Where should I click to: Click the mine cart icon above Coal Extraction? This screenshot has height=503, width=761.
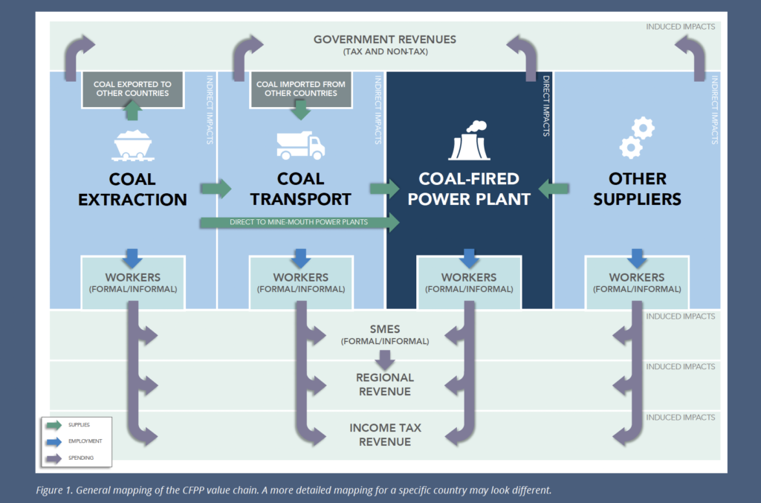(x=132, y=144)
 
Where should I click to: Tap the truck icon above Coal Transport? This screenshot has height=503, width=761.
(x=300, y=145)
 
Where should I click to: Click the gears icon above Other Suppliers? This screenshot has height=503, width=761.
(x=636, y=138)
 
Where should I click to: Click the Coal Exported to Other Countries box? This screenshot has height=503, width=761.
(x=132, y=88)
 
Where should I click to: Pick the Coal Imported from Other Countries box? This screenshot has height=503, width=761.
(x=300, y=88)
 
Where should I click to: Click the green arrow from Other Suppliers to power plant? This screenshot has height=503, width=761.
(x=553, y=189)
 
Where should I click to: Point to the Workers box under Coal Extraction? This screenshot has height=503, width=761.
(x=132, y=282)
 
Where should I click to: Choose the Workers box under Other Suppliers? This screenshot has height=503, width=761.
(x=637, y=282)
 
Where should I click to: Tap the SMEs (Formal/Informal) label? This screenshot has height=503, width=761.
(x=384, y=335)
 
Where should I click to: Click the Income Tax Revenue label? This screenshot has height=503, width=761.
(x=384, y=435)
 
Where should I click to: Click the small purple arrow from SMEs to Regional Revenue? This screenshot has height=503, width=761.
(x=384, y=360)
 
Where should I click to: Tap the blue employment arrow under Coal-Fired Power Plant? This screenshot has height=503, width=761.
(x=468, y=259)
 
